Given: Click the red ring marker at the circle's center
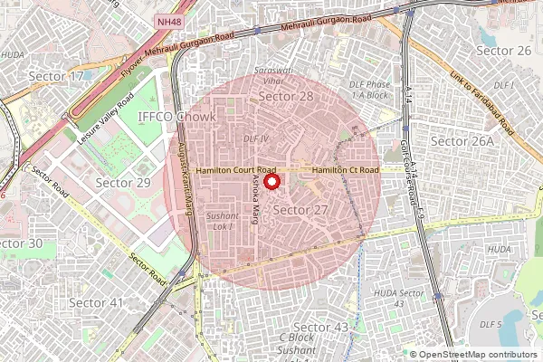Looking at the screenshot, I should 271,180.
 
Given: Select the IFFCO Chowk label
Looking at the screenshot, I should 177,118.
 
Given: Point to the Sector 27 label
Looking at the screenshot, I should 300,209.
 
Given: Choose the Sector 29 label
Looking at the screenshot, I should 123,183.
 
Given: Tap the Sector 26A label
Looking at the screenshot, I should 462,141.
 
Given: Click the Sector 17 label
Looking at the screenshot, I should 57,75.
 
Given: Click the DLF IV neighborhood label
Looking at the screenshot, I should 256,138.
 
